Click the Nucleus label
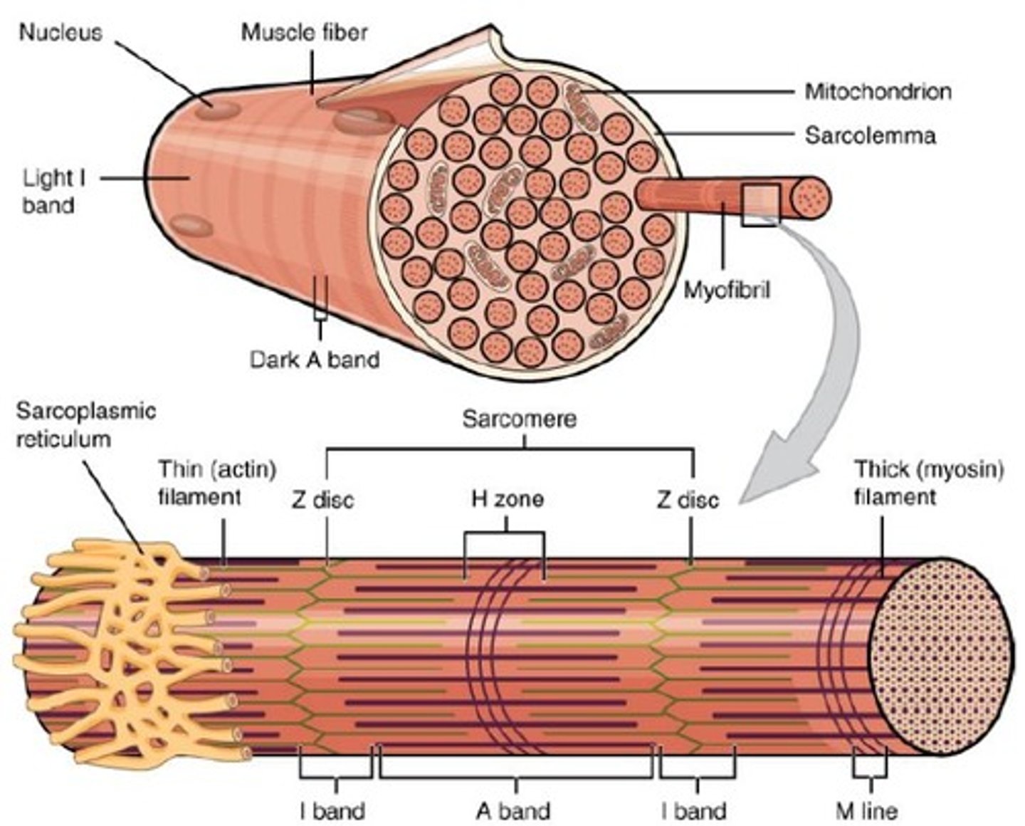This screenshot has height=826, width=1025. [x=61, y=33]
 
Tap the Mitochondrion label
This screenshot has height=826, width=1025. [x=878, y=92]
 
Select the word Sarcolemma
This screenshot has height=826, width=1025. [x=870, y=135]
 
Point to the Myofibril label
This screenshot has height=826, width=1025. [x=727, y=291]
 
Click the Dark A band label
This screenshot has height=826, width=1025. [x=315, y=359]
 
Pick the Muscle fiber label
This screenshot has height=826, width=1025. [x=304, y=33]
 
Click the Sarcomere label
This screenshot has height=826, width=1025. [x=519, y=419]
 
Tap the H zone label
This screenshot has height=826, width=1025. [x=508, y=498]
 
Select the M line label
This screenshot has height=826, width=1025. [x=866, y=811]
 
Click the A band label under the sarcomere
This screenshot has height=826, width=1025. [x=513, y=811]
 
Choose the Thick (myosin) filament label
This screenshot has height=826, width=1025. [x=929, y=482]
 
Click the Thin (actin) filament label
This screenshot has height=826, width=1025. [x=217, y=482]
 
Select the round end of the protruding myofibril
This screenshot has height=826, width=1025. [x=810, y=197]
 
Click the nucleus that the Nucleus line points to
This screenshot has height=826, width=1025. [x=218, y=110]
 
